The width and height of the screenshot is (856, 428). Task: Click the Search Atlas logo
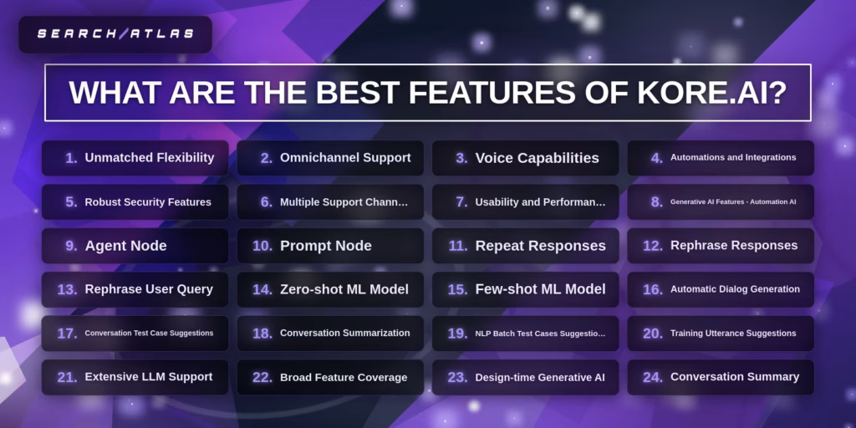(115, 34)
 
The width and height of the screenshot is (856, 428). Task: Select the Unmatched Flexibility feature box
(135, 158)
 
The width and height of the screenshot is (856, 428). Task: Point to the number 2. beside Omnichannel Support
(267, 158)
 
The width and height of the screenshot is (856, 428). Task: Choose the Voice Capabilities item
(537, 158)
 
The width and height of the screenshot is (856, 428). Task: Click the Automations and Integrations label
(733, 157)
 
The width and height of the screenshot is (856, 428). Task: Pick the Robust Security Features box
(135, 201)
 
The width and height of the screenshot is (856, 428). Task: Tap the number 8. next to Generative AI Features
(656, 201)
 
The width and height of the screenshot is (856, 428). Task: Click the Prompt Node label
(325, 246)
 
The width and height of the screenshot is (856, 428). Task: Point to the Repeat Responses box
(525, 246)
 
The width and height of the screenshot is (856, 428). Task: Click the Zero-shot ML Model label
(344, 289)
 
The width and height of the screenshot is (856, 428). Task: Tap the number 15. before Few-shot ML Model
(457, 289)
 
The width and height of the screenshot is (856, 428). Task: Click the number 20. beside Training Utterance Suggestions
(652, 333)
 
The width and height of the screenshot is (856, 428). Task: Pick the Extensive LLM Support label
(148, 377)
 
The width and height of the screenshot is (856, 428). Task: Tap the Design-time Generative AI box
(525, 377)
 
